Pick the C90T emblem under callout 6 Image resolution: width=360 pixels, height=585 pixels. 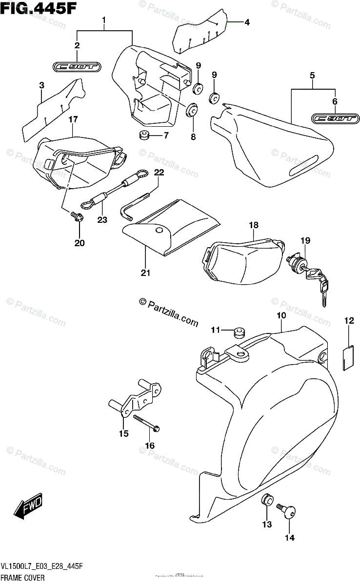tap(336, 118)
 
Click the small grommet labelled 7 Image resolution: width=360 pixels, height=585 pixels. tap(144, 135)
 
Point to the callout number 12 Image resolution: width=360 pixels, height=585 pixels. tap(349, 320)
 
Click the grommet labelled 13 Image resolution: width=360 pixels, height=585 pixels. tap(266, 501)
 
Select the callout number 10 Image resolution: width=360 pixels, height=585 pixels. tap(281, 315)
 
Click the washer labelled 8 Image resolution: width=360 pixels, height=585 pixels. tap(192, 110)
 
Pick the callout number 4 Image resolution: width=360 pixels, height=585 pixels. tap(247, 22)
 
